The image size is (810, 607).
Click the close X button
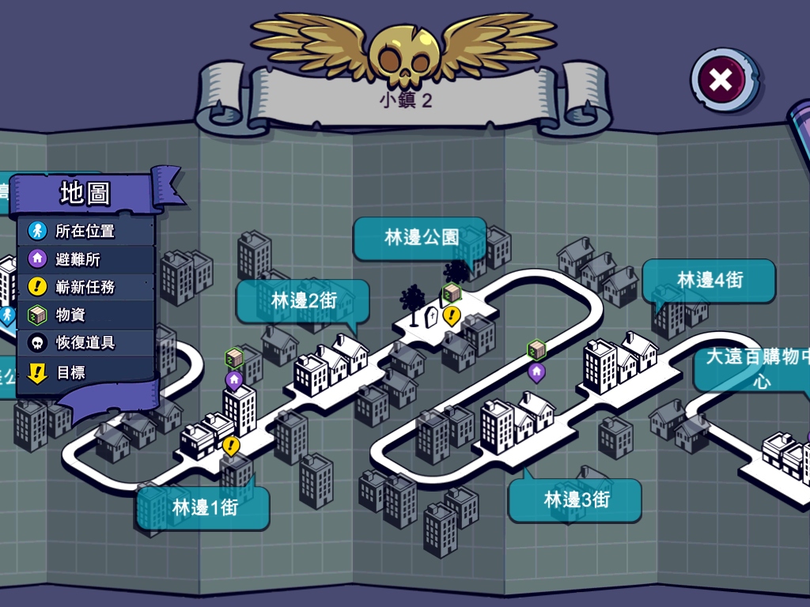pos(721,79)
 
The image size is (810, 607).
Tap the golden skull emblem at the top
pos(404,55)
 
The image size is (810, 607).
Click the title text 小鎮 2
pos(405,100)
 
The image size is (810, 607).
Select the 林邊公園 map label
pos(421,237)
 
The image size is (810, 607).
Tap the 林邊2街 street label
pos(304,300)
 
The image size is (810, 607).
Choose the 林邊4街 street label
pos(710,280)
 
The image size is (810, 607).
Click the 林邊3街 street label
pos(576,500)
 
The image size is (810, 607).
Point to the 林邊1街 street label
pos(204,507)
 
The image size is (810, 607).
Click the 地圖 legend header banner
pos(85,193)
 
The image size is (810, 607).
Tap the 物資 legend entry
pos(70,315)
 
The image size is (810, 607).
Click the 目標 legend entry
pos(70,371)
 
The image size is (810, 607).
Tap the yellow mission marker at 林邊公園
pos(451,316)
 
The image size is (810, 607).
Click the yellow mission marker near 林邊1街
pos(231,446)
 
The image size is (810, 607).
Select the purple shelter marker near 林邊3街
pos(536,371)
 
